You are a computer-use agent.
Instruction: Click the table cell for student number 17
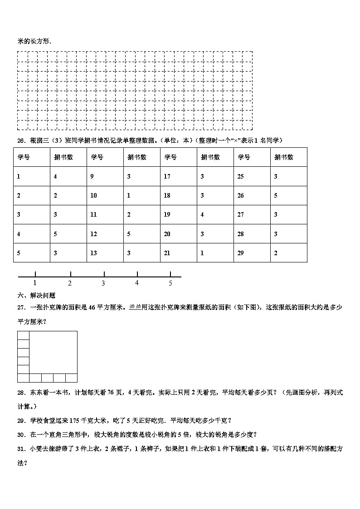[x=167, y=176]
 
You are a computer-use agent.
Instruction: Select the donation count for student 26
[x=275, y=195]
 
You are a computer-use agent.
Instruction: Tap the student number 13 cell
[x=93, y=253]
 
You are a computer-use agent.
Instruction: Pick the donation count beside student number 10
[x=129, y=195]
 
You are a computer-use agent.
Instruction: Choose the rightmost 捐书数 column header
[x=283, y=157]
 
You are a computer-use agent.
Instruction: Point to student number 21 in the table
[x=167, y=253]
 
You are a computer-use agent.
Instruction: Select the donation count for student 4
[x=55, y=234]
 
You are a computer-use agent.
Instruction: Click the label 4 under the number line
[x=137, y=283]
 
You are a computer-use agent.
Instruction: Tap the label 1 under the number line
[x=35, y=283]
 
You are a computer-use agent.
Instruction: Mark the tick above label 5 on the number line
[x=170, y=274]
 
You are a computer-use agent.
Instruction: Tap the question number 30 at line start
[x=20, y=435]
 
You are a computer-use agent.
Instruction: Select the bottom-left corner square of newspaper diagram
[x=23, y=378]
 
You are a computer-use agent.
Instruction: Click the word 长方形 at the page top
[x=41, y=41]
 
